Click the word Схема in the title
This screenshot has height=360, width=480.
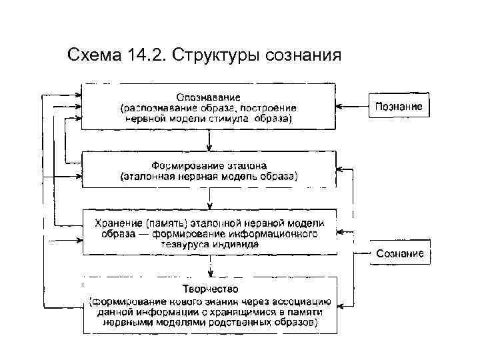click(x=91, y=54)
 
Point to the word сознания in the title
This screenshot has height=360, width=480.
click(x=303, y=54)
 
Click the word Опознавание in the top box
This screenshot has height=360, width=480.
click(x=209, y=96)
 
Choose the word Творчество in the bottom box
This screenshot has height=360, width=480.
click(x=209, y=289)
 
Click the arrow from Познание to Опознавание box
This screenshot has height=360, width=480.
click(x=352, y=107)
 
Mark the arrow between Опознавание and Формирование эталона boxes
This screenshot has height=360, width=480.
click(x=209, y=140)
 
